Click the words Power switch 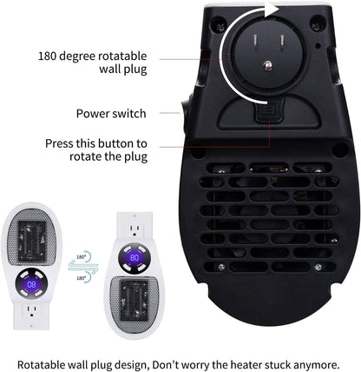click(111, 113)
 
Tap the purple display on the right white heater click(135, 258)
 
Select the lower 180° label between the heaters click(81, 278)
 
